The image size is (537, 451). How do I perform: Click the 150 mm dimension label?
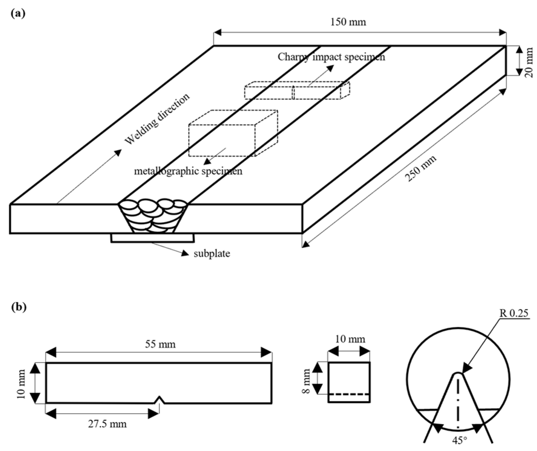[x=348, y=22]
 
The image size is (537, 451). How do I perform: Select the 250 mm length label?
[x=421, y=169]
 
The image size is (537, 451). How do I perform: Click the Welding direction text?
[x=157, y=119]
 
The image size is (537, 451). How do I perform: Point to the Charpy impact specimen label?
[x=331, y=57]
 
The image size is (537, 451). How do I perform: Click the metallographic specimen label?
[x=188, y=171]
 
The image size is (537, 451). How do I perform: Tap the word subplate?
[x=212, y=254]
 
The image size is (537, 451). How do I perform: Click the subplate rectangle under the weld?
[x=152, y=238]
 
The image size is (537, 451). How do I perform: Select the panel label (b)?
[x=18, y=307]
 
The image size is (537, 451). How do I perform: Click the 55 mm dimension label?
[x=160, y=344]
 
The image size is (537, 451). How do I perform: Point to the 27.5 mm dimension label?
[x=107, y=424]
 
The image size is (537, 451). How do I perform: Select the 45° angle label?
[x=459, y=441]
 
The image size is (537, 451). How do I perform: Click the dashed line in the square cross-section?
[x=349, y=395]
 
